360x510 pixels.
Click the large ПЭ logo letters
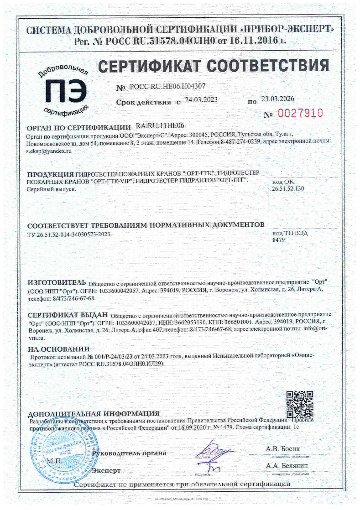pyautogui.click(x=65, y=90)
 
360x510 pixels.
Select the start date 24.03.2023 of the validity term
pyautogui.click(x=201, y=100)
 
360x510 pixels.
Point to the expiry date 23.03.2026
pyautogui.click(x=277, y=99)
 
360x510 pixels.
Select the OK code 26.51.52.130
pyautogui.click(x=288, y=188)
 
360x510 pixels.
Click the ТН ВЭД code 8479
pyautogui.click(x=278, y=239)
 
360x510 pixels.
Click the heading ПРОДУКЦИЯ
pyautogui.click(x=50, y=175)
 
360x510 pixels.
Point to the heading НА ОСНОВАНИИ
pyautogui.click(x=59, y=349)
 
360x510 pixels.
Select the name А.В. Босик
pyautogui.click(x=282, y=449)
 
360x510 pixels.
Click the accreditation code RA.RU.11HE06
pyautogui.click(x=160, y=126)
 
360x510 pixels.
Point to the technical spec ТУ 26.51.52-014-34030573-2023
pyautogui.click(x=69, y=235)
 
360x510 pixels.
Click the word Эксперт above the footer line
pyautogui.click(x=106, y=470)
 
